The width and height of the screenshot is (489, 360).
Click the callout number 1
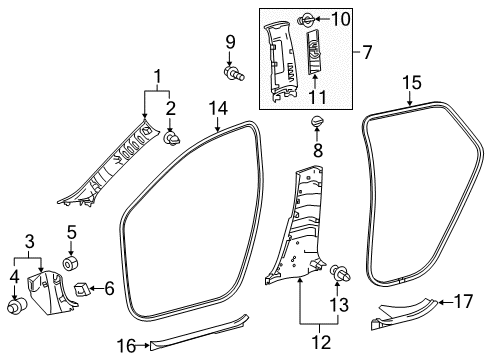coord(157,76)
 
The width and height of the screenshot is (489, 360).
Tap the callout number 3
coord(30,241)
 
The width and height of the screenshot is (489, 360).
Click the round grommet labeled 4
coord(17,305)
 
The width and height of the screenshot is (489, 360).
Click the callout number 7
coord(366,50)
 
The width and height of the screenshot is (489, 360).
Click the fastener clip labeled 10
coord(312,18)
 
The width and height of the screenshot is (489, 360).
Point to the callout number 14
coord(219,108)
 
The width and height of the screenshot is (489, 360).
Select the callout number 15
coord(412,82)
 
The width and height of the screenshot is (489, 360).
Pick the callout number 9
coord(229,42)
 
